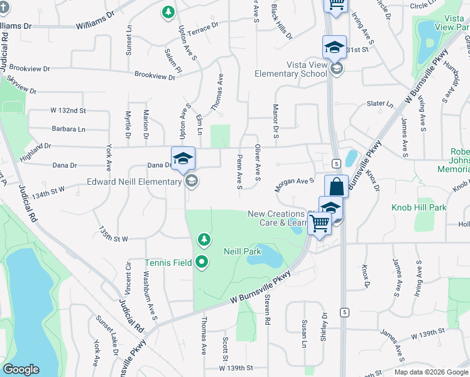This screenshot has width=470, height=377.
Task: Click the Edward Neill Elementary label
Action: click(134, 182)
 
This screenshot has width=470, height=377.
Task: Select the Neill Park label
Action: click(242, 251)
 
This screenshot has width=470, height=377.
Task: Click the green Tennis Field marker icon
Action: click(202, 262)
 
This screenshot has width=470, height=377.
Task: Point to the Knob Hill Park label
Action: click(418, 207)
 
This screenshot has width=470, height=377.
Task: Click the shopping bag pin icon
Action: click(336, 187)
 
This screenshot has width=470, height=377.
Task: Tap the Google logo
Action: click(21, 369)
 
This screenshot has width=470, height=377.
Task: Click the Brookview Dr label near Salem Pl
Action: click(155, 76)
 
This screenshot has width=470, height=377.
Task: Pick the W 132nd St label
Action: click(68, 111)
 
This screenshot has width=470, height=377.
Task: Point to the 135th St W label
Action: click(113, 235)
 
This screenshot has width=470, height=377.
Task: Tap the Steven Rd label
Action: click(267, 310)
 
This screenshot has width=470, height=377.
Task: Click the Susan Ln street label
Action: click(303, 334)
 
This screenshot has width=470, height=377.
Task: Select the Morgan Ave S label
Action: click(294, 183)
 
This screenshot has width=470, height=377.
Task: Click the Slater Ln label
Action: click(380, 104)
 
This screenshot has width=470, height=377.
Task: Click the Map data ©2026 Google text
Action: click(431, 371)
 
